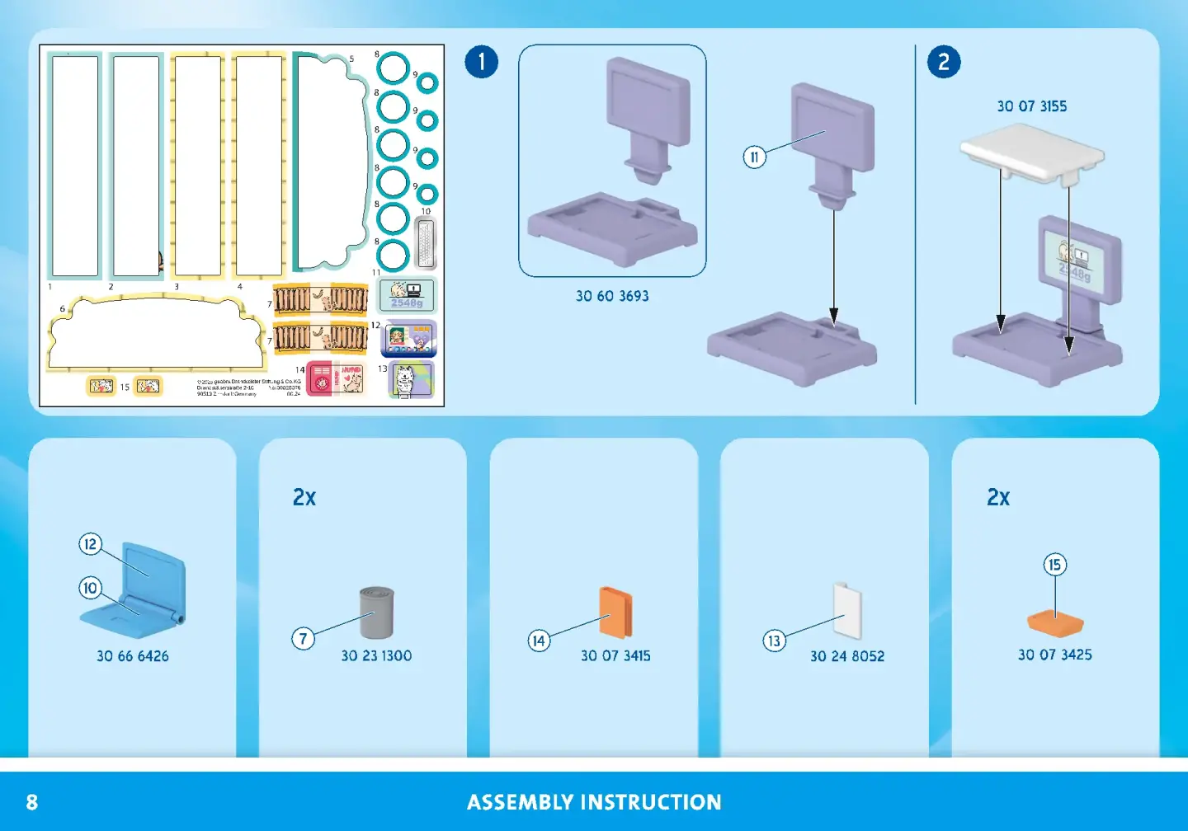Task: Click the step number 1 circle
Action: click(482, 62)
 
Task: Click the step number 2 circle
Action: click(944, 62)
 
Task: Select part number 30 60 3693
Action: click(612, 296)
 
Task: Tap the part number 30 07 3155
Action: click(1031, 106)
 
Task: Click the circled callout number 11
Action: click(754, 157)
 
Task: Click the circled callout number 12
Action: click(90, 544)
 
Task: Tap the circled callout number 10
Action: click(90, 588)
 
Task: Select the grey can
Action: click(377, 613)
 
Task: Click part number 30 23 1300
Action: click(376, 655)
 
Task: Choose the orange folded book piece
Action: click(615, 613)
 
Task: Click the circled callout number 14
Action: click(539, 641)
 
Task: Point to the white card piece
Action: click(847, 611)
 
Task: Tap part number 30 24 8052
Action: click(847, 656)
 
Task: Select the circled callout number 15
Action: click(1054, 565)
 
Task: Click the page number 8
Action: click(32, 802)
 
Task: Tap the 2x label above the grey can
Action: click(304, 497)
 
